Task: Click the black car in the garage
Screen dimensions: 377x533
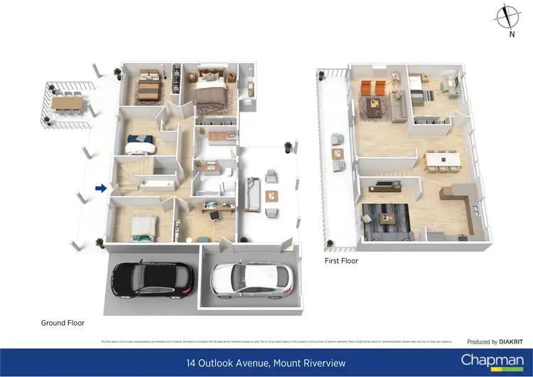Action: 153,280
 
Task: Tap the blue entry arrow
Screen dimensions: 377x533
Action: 101,188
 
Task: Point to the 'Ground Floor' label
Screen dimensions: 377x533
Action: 63,323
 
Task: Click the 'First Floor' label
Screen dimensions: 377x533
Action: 341,261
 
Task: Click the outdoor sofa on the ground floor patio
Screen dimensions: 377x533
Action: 253,190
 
